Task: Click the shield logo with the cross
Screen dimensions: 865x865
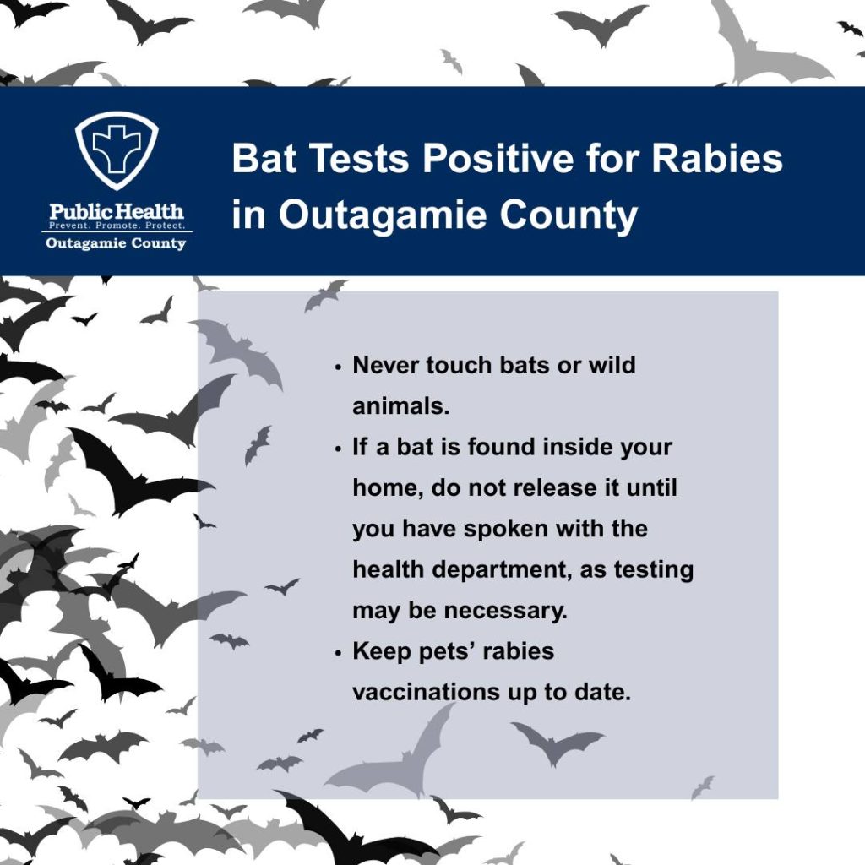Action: click(x=117, y=150)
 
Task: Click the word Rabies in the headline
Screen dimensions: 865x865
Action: click(x=716, y=158)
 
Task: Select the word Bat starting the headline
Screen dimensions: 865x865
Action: click(x=264, y=158)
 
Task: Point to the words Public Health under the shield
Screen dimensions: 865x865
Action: click(x=117, y=211)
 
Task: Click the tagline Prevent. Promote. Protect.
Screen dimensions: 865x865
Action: click(x=117, y=226)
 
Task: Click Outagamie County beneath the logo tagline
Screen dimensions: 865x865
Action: click(x=116, y=243)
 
